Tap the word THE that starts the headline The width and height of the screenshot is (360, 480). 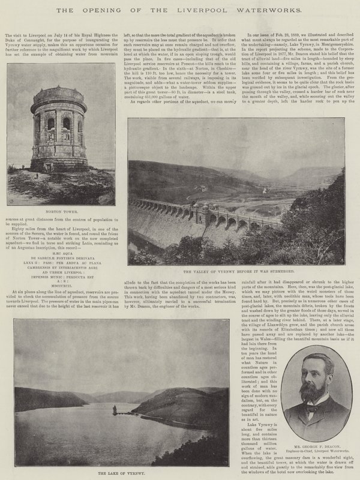click(x=82, y=10)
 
